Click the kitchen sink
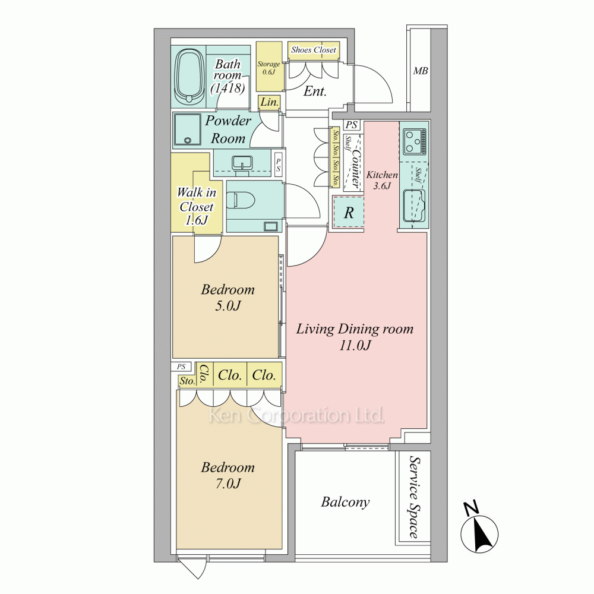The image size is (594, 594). (413, 205)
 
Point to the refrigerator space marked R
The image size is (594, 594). (349, 212)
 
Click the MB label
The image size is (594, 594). (421, 71)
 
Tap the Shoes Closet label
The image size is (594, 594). (313, 50)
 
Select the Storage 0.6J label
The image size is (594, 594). (268, 68)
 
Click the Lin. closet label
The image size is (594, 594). (269, 102)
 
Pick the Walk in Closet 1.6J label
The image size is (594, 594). (197, 207)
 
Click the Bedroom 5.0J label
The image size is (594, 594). (228, 298)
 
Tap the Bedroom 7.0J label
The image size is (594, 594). (228, 475)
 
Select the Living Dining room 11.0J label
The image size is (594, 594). (355, 337)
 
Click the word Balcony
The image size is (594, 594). (345, 503)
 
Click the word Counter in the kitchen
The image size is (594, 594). (356, 167)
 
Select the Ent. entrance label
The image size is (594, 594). (315, 91)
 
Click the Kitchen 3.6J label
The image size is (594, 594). (382, 180)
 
